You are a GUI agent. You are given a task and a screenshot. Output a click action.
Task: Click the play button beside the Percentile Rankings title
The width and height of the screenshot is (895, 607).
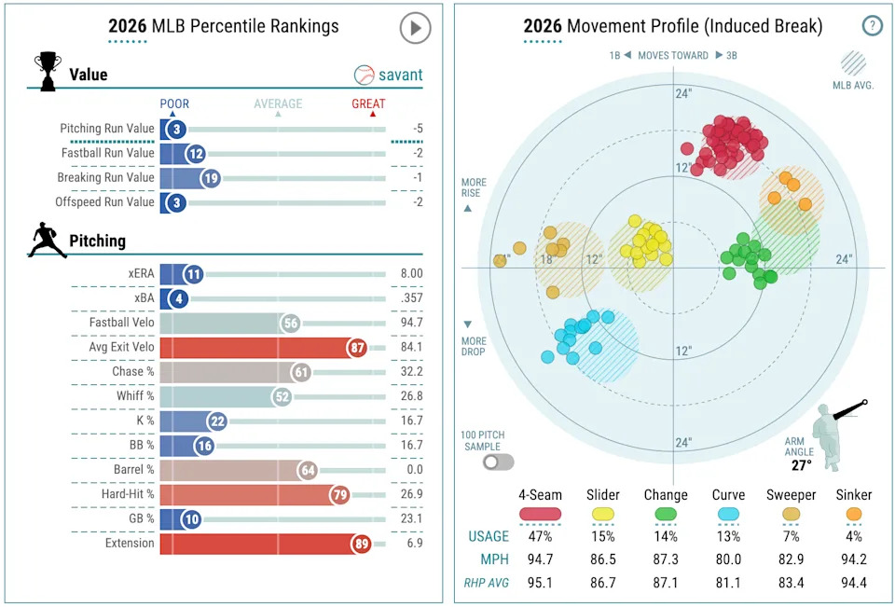[415, 28]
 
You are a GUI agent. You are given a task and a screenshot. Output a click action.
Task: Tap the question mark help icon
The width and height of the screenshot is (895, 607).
[872, 25]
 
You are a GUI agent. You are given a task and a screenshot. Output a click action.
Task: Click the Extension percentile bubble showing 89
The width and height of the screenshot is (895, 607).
[361, 543]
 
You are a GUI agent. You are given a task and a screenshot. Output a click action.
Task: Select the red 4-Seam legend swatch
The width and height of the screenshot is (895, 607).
[541, 513]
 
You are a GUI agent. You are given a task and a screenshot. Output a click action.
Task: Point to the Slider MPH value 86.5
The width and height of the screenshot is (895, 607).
[603, 559]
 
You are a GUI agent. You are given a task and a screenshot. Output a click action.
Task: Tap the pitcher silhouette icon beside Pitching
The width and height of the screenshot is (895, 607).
[47, 239]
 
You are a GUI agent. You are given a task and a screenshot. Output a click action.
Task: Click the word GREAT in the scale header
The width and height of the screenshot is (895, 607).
[368, 103]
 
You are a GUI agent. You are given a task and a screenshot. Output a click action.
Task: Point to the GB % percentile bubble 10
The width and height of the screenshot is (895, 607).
[192, 518]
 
